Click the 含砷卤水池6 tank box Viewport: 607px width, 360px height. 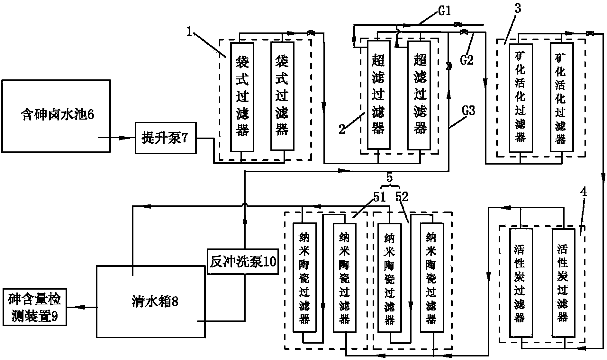pyautogui.click(x=57, y=116)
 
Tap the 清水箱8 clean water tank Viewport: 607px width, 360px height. pyautogui.click(x=150, y=301)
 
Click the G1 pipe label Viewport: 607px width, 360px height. pyautogui.click(x=444, y=12)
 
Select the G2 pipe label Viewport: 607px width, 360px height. pyautogui.click(x=467, y=59)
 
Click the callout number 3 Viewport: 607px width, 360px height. pyautogui.click(x=518, y=9)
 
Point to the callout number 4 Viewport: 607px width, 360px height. pyautogui.click(x=583, y=192)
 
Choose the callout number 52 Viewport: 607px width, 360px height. pyautogui.click(x=402, y=197)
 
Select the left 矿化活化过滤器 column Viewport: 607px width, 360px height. pyautogui.click(x=520, y=97)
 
